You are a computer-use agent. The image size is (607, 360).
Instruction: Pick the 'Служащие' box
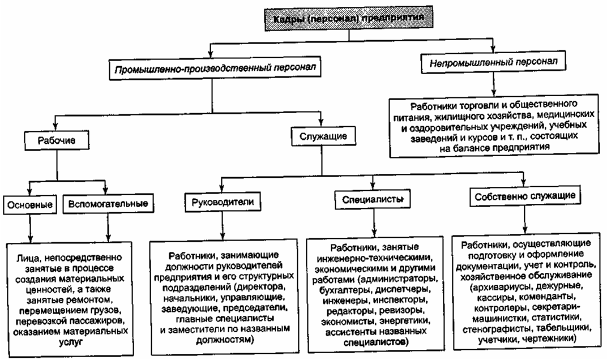(x=319, y=136)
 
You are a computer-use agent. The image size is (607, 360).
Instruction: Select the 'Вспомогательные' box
(x=107, y=203)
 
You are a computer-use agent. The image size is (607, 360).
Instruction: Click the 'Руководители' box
(x=219, y=202)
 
